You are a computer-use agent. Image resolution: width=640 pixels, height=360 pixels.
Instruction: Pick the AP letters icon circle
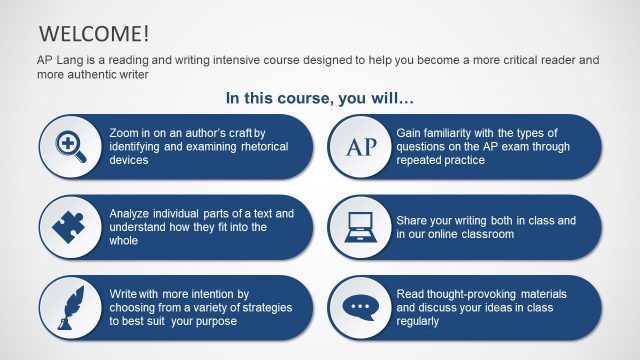tap(360, 146)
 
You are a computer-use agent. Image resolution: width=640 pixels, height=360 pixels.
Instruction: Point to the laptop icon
tap(360, 227)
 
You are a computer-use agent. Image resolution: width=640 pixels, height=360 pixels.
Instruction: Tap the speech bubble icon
tap(360, 307)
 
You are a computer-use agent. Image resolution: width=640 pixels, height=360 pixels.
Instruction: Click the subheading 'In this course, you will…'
tap(319, 98)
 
